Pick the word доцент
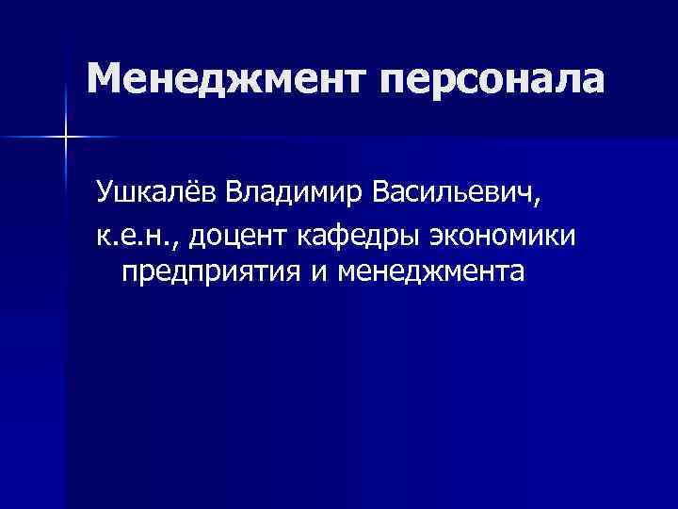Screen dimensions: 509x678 (240, 237)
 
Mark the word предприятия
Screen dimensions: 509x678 (204, 274)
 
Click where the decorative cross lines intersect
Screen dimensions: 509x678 (66, 138)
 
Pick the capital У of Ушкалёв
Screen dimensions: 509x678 (103, 194)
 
